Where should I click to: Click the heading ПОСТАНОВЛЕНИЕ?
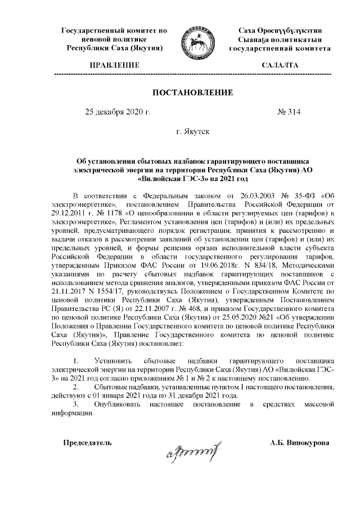(193, 92)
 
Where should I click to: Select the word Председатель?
(87, 443)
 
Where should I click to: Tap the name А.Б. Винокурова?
(300, 443)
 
